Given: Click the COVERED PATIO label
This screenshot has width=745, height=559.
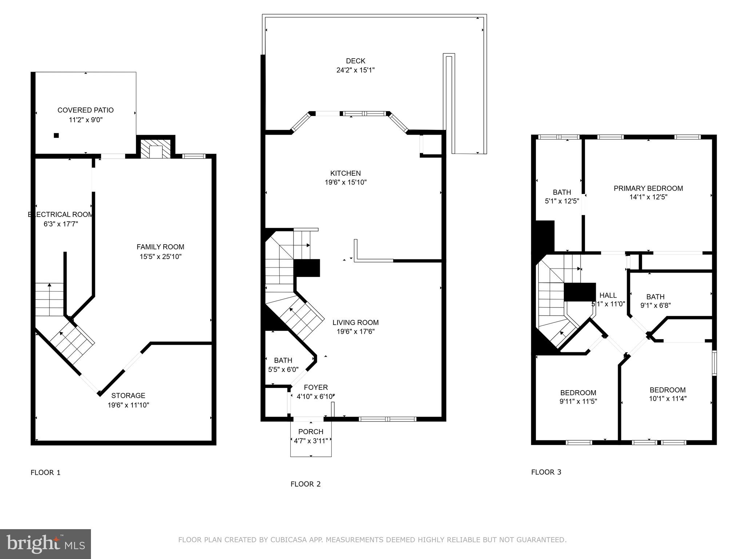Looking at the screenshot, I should [85, 110].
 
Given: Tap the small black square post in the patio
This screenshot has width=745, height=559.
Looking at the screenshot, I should [56, 135].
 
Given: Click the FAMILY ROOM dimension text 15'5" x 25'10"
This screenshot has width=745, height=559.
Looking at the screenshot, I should [160, 257].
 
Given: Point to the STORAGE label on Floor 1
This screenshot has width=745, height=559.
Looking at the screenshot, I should [128, 396].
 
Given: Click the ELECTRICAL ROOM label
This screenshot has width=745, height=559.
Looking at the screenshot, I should [61, 214].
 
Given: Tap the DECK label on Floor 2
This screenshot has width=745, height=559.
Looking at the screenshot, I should [355, 61].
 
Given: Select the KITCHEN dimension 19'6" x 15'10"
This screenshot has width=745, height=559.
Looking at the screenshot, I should [346, 182].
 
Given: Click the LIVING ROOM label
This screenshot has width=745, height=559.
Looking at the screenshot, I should [355, 322].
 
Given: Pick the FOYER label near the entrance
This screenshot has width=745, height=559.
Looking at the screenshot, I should [316, 387].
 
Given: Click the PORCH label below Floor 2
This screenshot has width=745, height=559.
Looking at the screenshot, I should [311, 432].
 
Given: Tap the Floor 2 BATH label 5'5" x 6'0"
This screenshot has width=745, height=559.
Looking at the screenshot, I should [283, 360].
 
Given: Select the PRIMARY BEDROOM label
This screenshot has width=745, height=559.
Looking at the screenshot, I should [648, 188].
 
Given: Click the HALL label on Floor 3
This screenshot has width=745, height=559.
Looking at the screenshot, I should [608, 295].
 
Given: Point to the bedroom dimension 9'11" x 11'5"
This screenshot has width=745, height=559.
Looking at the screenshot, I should [578, 402].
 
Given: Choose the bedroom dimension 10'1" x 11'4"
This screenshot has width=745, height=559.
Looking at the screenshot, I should [668, 399].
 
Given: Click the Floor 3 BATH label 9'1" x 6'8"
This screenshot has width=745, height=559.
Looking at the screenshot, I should [655, 297].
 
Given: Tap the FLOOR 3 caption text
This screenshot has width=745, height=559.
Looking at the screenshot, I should [546, 472].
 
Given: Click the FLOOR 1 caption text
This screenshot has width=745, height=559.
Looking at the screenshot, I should [45, 472].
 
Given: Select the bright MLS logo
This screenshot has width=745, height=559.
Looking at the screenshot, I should [45, 544].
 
